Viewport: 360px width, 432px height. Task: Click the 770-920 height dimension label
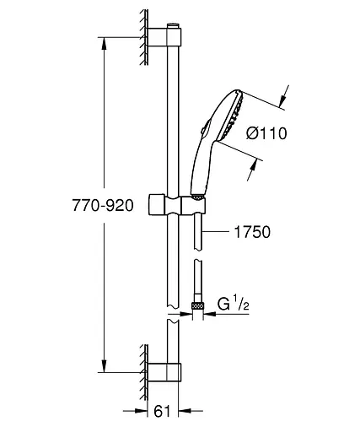(103, 205)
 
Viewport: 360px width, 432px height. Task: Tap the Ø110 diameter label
(266, 133)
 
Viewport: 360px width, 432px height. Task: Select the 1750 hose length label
(252, 232)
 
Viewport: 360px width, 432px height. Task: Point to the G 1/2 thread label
(234, 304)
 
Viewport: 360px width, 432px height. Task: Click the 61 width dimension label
(162, 412)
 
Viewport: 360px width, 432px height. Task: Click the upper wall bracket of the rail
(164, 37)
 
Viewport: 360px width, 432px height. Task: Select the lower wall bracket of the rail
(164, 372)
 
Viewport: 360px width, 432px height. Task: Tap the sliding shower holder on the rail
(176, 205)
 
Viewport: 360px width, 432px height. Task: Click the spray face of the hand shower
(232, 116)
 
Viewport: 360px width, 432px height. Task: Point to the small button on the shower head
(204, 128)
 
